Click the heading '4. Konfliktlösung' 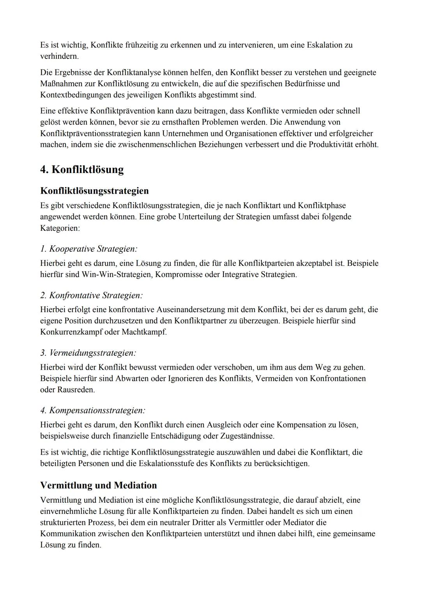point(82,169)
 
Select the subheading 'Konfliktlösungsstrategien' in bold point(94,191)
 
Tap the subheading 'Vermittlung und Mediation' point(98,486)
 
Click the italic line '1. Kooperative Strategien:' point(88,249)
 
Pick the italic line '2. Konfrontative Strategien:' point(91,295)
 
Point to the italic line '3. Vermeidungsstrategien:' point(88,353)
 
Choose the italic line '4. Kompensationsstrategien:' point(93,410)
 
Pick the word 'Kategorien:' point(60,228)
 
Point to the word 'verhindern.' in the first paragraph point(59,56)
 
